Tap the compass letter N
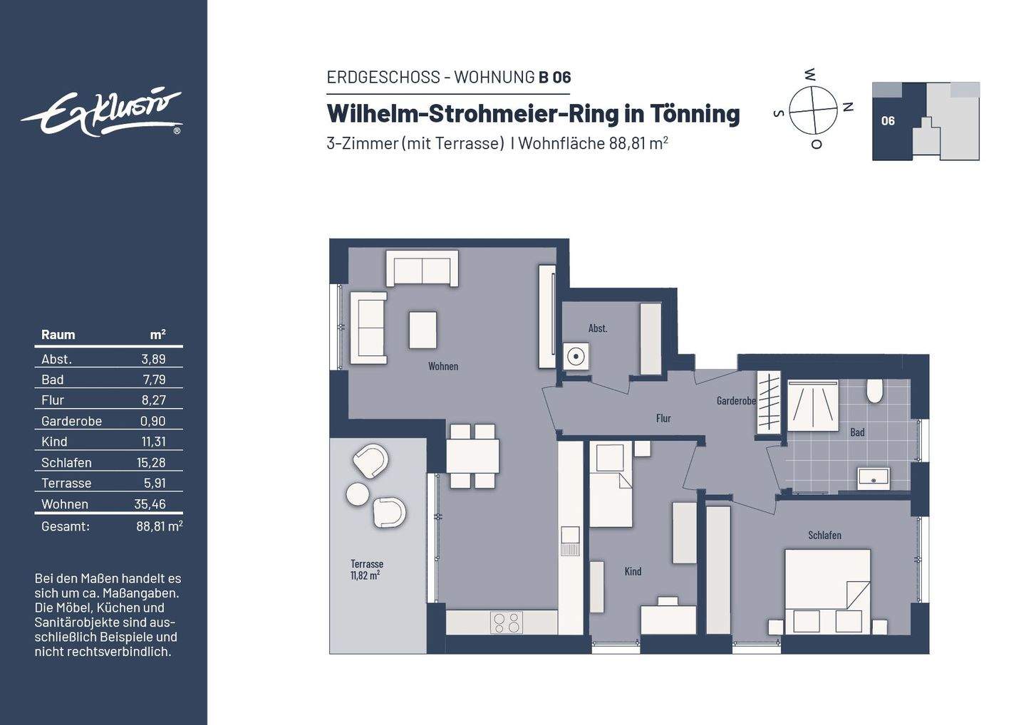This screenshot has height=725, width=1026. click(849, 107)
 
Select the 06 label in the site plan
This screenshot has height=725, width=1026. click(888, 121)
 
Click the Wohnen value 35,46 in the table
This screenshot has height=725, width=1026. click(150, 504)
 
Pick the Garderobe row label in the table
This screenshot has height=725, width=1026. click(71, 421)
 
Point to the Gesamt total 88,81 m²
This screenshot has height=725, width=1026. click(160, 526)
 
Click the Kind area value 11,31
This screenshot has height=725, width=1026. click(153, 442)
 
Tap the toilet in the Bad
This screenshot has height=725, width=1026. click(874, 390)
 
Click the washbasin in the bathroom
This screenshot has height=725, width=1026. click(874, 479)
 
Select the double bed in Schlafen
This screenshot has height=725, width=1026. click(828, 592)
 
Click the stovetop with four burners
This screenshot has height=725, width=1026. click(506, 622)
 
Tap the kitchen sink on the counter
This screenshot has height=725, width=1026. click(570, 541)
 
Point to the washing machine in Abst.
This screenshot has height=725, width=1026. click(576, 356)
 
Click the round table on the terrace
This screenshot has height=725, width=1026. click(358, 494)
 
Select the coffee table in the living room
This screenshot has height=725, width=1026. click(423, 330)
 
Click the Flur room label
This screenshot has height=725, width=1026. click(663, 418)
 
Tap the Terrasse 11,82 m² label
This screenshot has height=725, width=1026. click(366, 569)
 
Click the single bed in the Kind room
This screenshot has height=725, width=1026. click(611, 484)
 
